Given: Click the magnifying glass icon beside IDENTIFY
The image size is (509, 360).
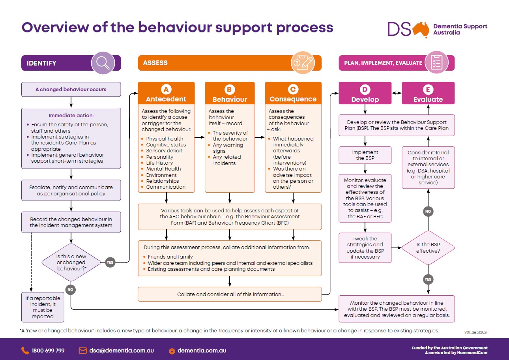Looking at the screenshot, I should click(x=103, y=63).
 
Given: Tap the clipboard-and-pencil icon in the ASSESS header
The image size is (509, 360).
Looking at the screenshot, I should click(x=302, y=63).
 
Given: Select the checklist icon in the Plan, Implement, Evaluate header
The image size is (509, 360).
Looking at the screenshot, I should click(x=436, y=63).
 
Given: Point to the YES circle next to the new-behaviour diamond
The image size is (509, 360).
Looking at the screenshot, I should click(x=110, y=262).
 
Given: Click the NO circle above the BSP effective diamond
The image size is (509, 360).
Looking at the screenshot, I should click(x=428, y=212).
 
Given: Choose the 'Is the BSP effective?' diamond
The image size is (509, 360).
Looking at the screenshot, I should click(x=428, y=247).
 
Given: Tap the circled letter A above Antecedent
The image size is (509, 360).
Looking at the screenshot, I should click(x=166, y=90).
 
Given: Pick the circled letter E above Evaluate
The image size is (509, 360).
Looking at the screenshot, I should click(x=428, y=90).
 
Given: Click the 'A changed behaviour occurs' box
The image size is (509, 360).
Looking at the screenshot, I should click(x=71, y=90).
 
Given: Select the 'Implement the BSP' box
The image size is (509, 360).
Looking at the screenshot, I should click(x=365, y=155).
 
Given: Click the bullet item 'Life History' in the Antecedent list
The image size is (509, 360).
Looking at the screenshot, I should click(x=159, y=163).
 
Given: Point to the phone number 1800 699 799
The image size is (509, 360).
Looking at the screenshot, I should click(x=47, y=351).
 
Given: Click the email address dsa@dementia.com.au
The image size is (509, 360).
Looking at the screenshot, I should click(x=121, y=351).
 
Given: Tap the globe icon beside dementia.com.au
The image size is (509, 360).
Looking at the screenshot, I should click(x=172, y=351).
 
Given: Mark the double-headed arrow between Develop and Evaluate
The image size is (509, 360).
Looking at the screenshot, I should click(x=397, y=94).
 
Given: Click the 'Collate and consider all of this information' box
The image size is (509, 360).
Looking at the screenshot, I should click(x=230, y=294).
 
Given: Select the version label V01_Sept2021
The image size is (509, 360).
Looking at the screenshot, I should click(x=478, y=332).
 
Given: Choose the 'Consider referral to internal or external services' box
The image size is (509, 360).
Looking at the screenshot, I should click(x=428, y=167).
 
